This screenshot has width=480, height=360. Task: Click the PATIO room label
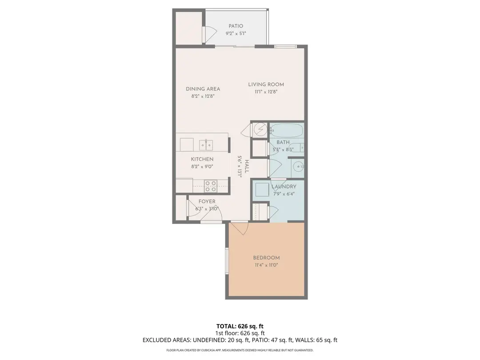[236, 26]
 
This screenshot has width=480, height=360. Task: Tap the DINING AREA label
[203, 89]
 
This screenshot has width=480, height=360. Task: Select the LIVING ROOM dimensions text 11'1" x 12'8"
[266, 92]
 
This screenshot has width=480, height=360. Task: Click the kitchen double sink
[206, 145]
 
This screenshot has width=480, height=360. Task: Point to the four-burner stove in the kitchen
[211, 186]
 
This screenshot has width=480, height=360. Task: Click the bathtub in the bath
[286, 130]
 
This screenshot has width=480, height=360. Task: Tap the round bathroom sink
[298, 167]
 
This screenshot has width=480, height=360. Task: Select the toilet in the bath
[296, 148]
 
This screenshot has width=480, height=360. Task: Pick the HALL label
[247, 167]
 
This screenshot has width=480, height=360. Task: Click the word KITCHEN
[202, 159]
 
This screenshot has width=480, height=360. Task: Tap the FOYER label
[207, 201]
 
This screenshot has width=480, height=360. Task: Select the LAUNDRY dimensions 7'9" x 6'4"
[284, 194]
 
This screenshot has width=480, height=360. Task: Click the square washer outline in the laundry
[262, 189]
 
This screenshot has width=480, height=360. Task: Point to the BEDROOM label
[266, 258]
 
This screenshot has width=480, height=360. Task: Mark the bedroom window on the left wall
[227, 260]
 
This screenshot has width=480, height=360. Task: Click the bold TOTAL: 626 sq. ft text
[240, 326]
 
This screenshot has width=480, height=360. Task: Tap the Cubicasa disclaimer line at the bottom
[240, 350]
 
